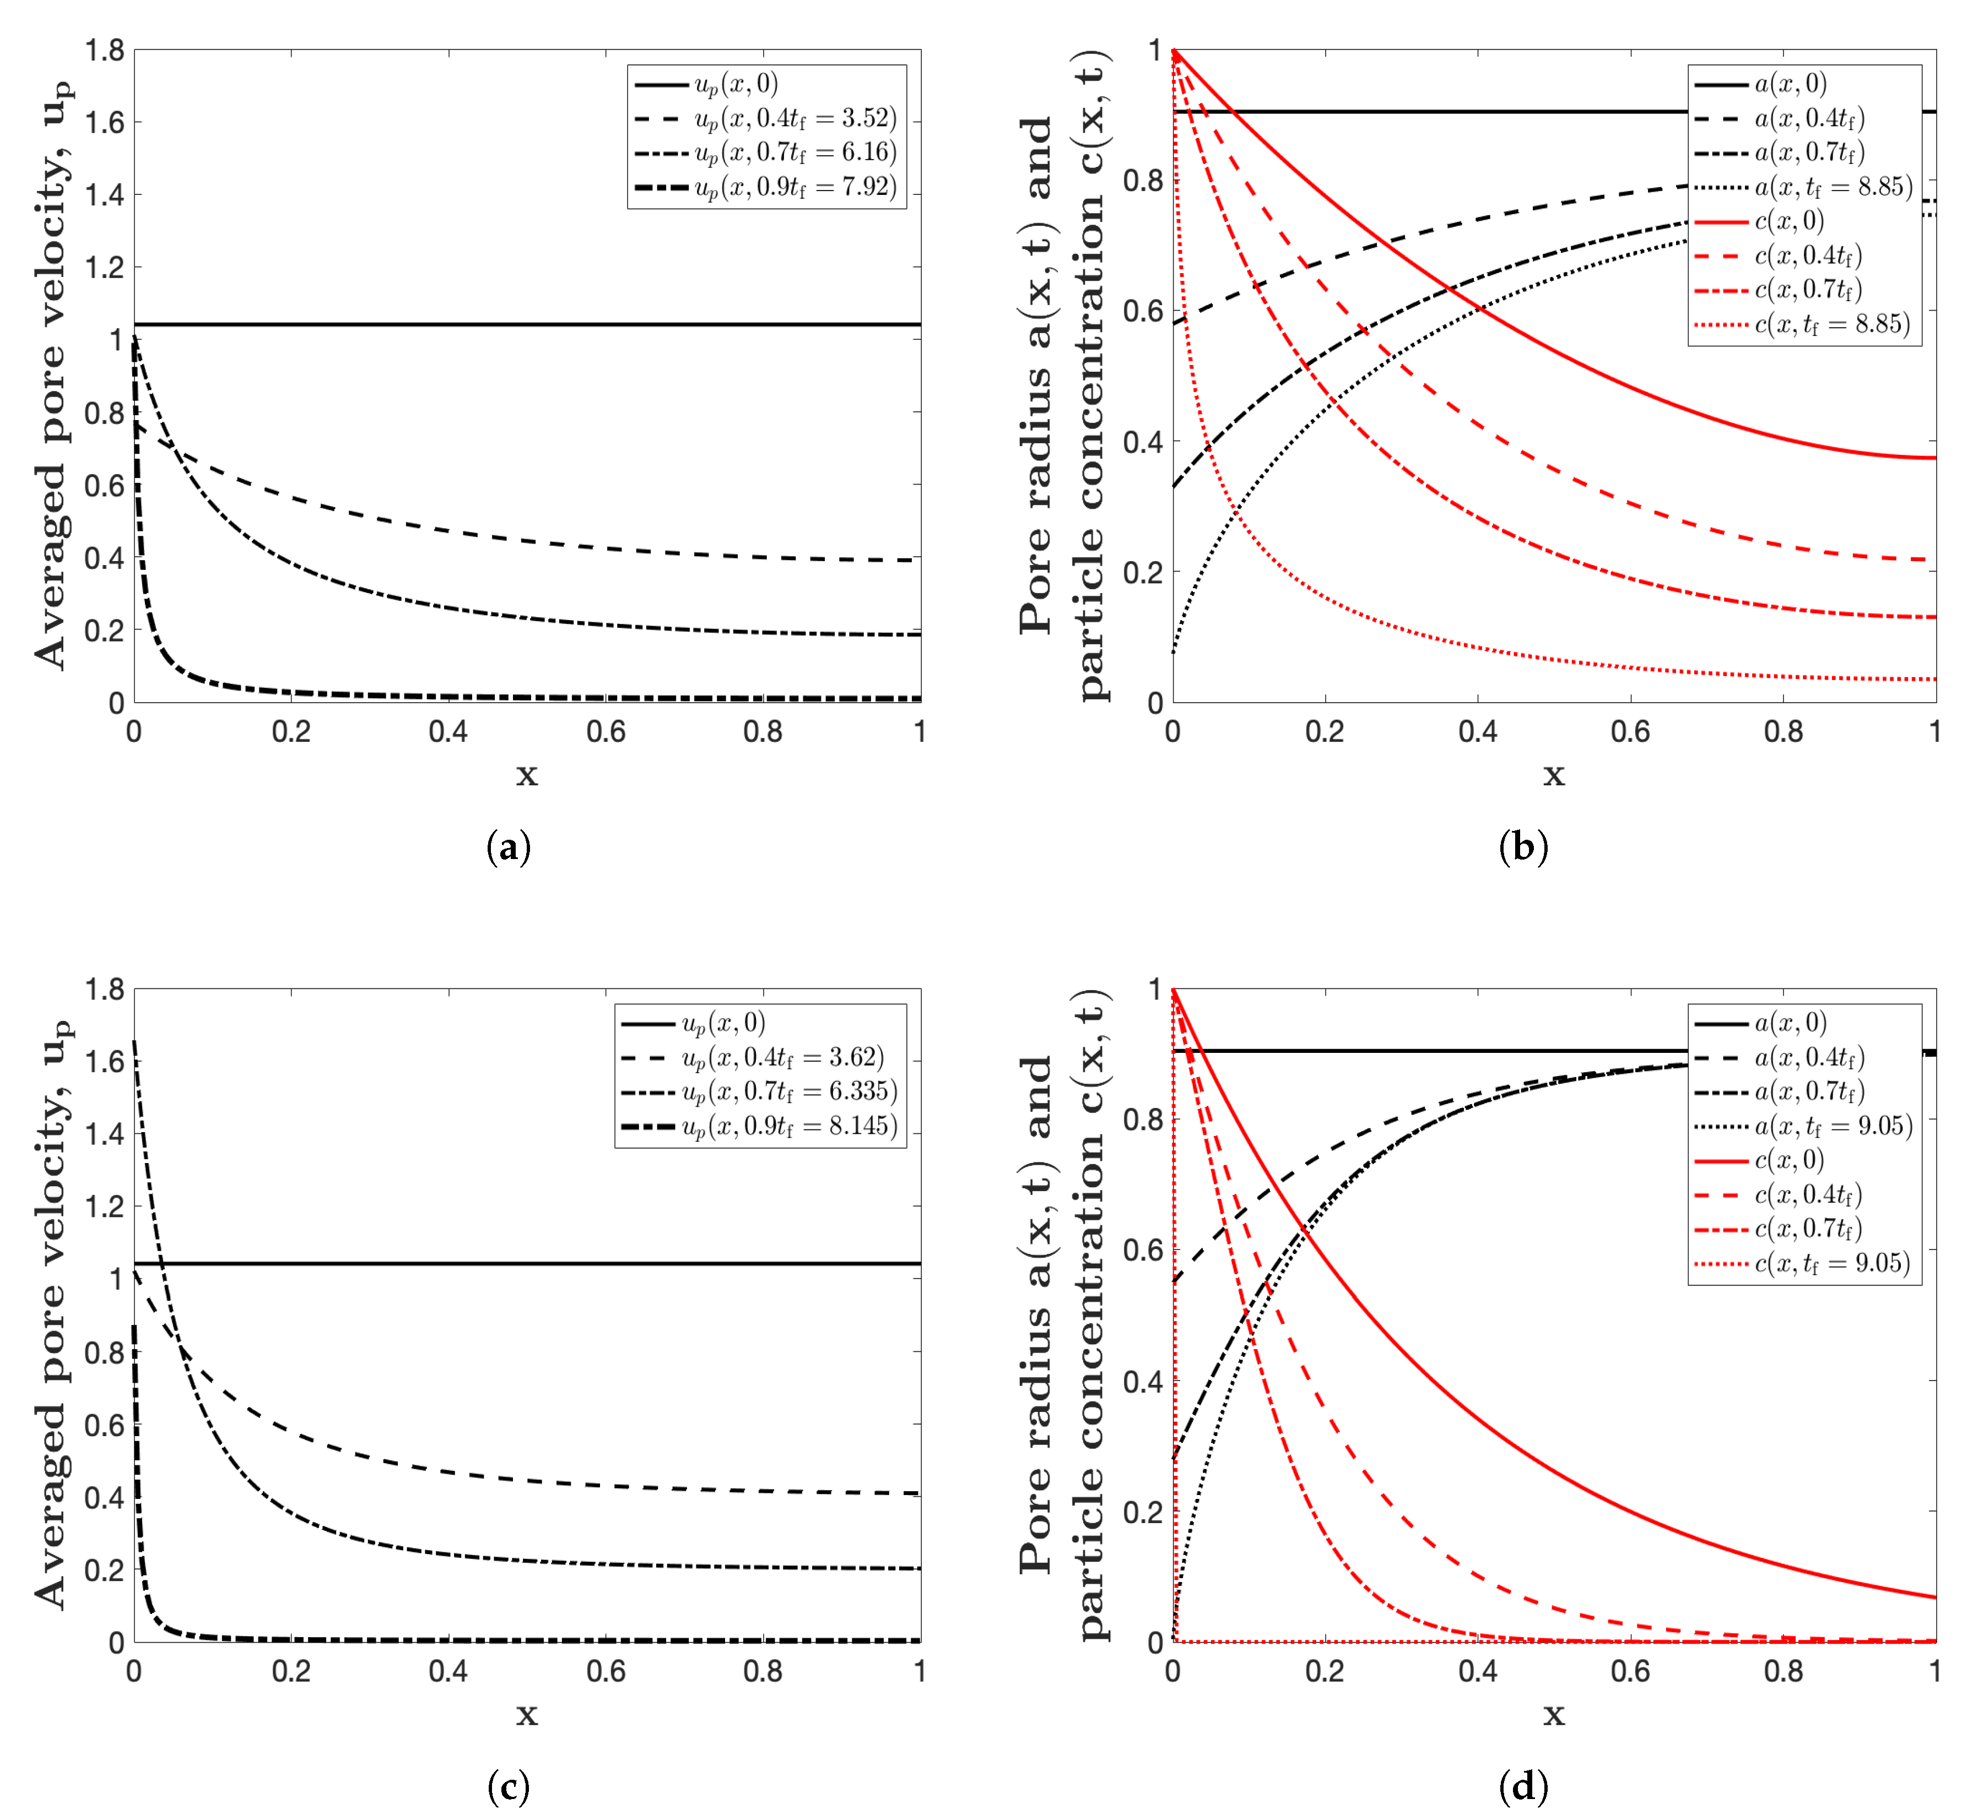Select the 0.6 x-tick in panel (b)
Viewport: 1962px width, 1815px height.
[1630, 732]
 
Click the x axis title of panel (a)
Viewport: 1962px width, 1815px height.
[527, 775]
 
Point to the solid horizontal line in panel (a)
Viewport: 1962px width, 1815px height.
[527, 324]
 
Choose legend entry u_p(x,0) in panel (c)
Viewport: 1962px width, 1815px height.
[723, 1023]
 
